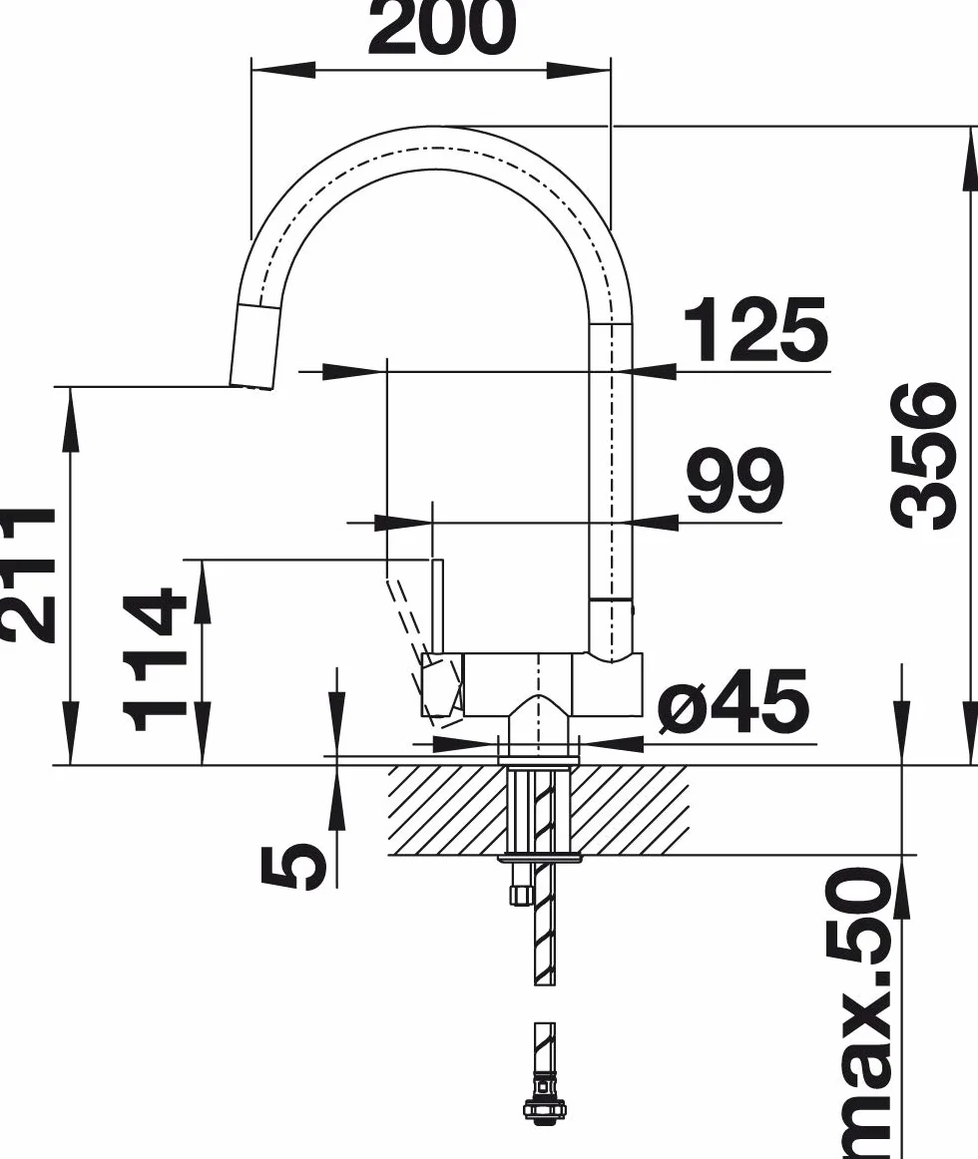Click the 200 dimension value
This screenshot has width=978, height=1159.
[442, 27]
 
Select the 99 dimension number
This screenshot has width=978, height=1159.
[734, 481]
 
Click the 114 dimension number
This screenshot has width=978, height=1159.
[154, 658]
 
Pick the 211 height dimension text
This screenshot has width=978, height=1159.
[26, 576]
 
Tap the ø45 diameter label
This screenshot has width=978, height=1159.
[733, 701]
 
